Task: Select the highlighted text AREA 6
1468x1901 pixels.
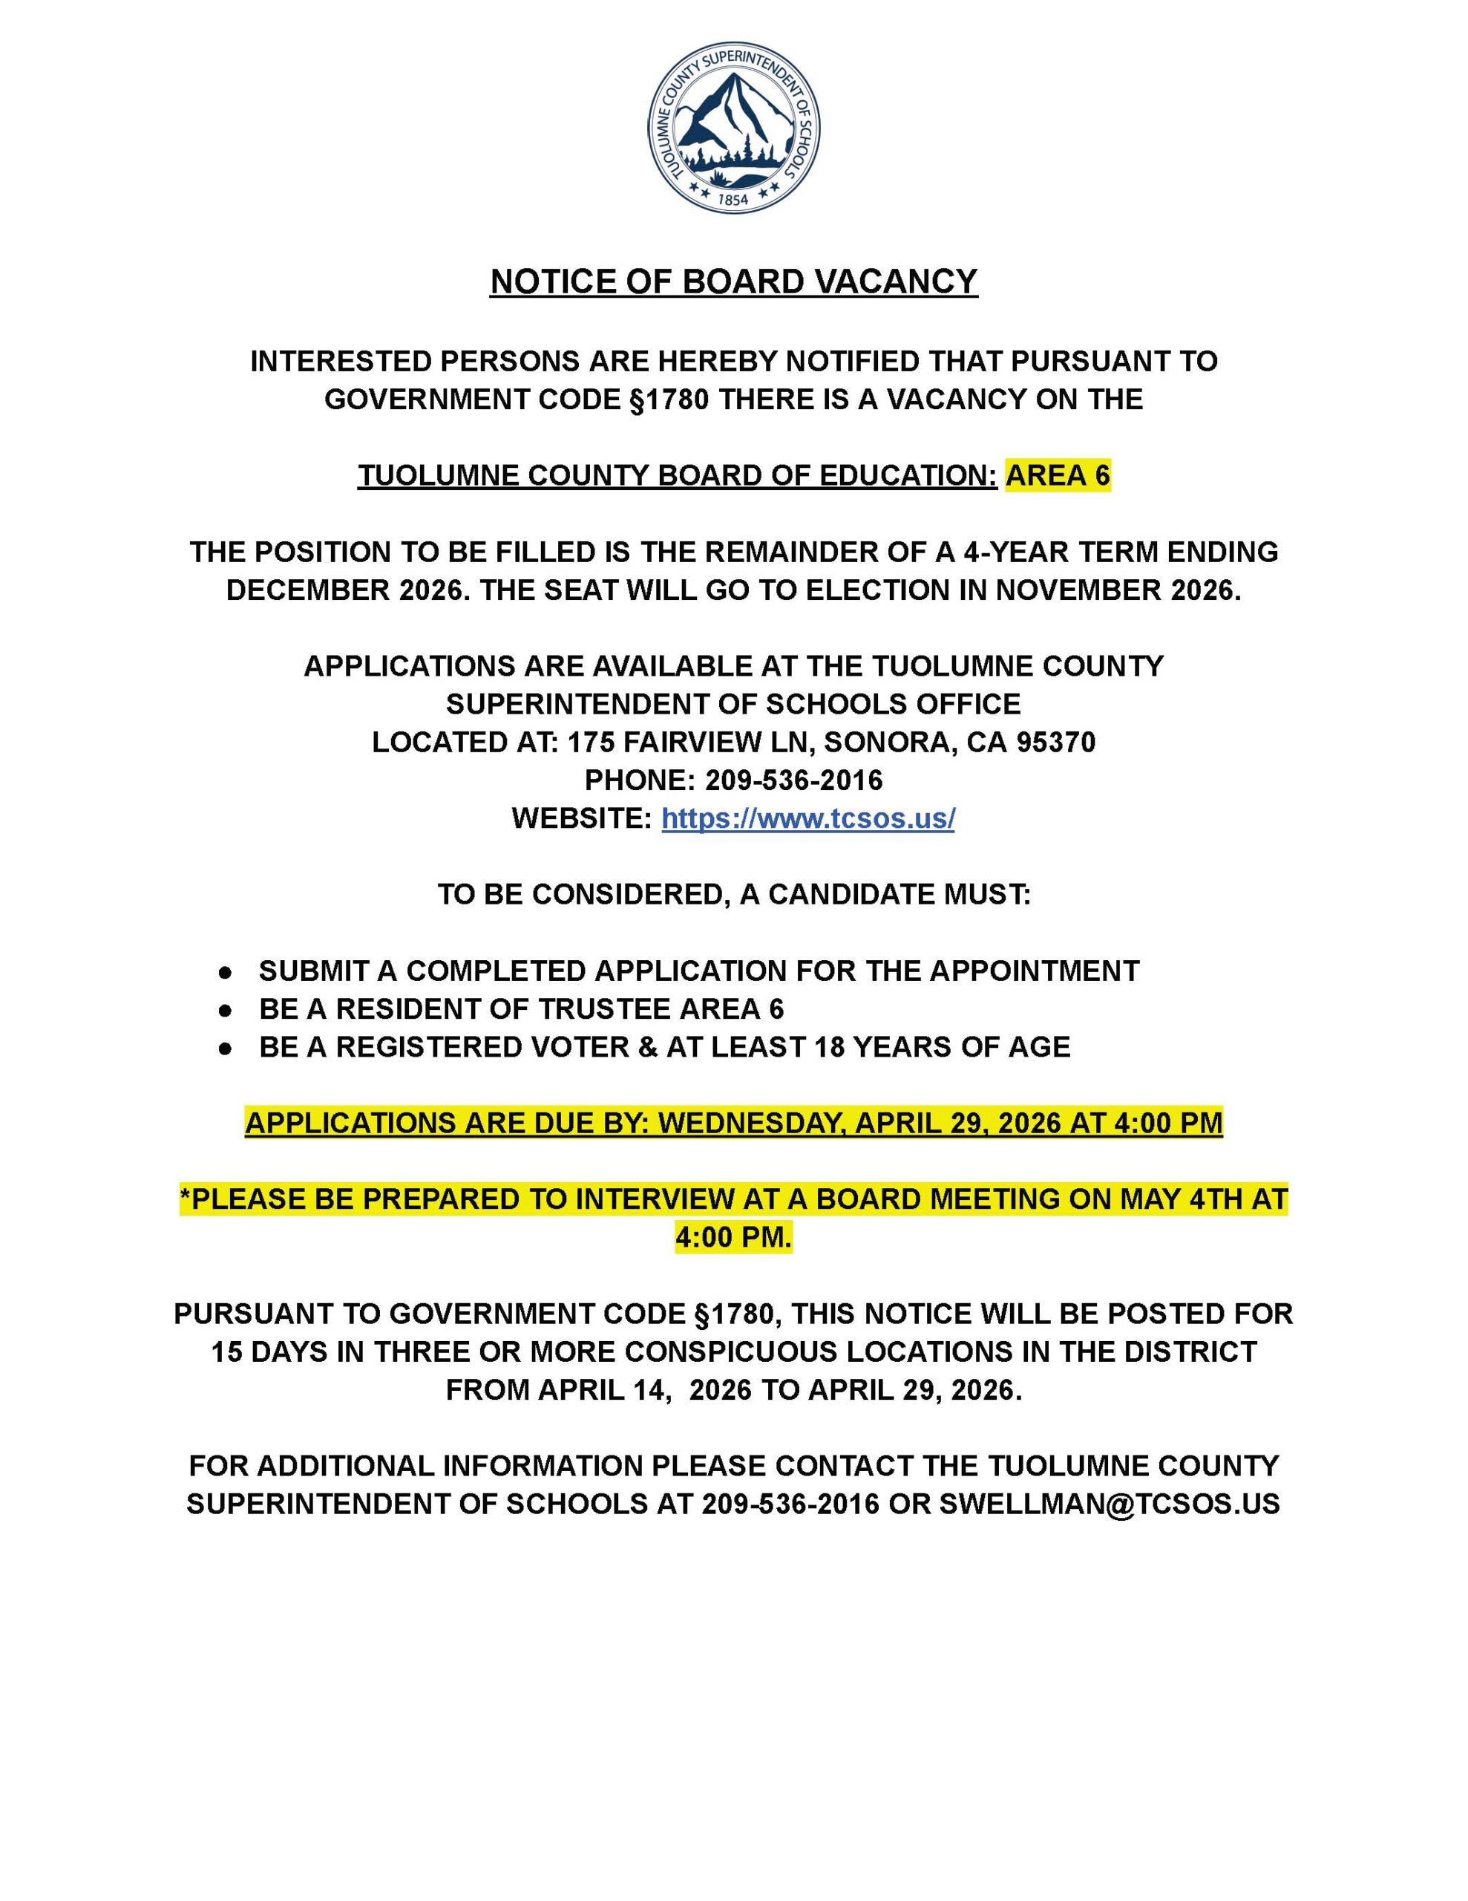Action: (x=1058, y=475)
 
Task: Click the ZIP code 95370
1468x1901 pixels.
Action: (x=1055, y=742)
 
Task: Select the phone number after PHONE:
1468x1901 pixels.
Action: (x=793, y=780)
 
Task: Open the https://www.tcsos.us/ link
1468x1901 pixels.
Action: (x=807, y=818)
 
